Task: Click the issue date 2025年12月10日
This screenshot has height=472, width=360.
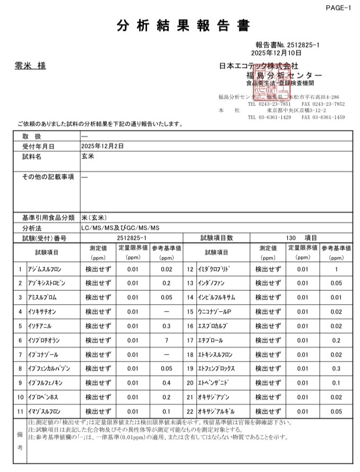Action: (x=276, y=53)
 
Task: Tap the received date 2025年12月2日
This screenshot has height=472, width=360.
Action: (x=102, y=146)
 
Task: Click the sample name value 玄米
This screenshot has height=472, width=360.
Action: (x=88, y=157)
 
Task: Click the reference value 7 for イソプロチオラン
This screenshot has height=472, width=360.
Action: (x=166, y=340)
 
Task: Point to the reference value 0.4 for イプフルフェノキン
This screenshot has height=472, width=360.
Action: (x=166, y=383)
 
